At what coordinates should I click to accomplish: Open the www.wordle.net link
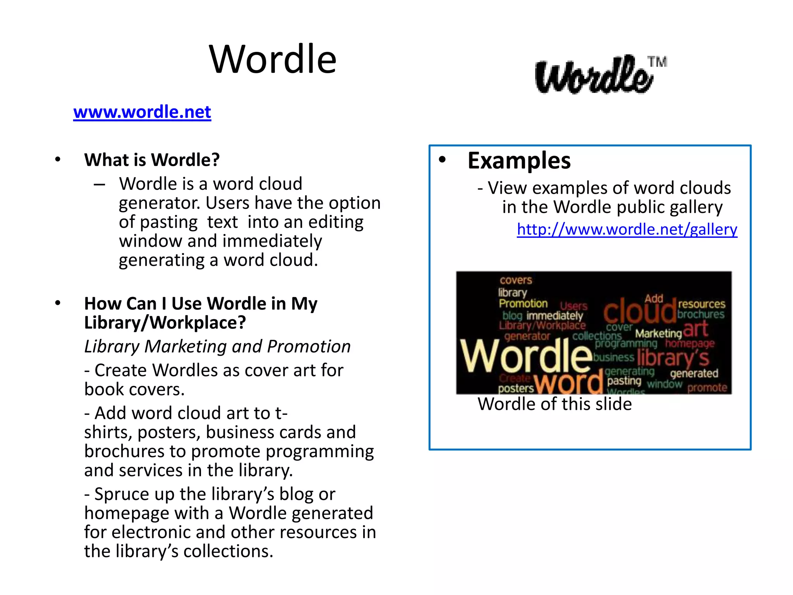142,112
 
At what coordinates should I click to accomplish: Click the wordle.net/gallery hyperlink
627,229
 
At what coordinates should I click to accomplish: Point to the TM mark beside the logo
657,62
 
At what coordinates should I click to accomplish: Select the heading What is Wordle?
152,160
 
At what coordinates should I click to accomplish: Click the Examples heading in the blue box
519,160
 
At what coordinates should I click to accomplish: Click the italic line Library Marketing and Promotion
217,346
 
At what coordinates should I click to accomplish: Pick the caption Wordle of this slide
554,404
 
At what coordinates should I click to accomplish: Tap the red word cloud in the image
639,311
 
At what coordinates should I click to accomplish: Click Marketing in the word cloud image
658,333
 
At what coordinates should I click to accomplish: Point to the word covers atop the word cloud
516,280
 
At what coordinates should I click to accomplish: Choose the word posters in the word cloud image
516,388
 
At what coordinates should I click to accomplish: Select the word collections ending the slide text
228,551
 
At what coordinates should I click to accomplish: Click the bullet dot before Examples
442,160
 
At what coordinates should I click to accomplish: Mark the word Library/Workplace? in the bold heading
165,323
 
